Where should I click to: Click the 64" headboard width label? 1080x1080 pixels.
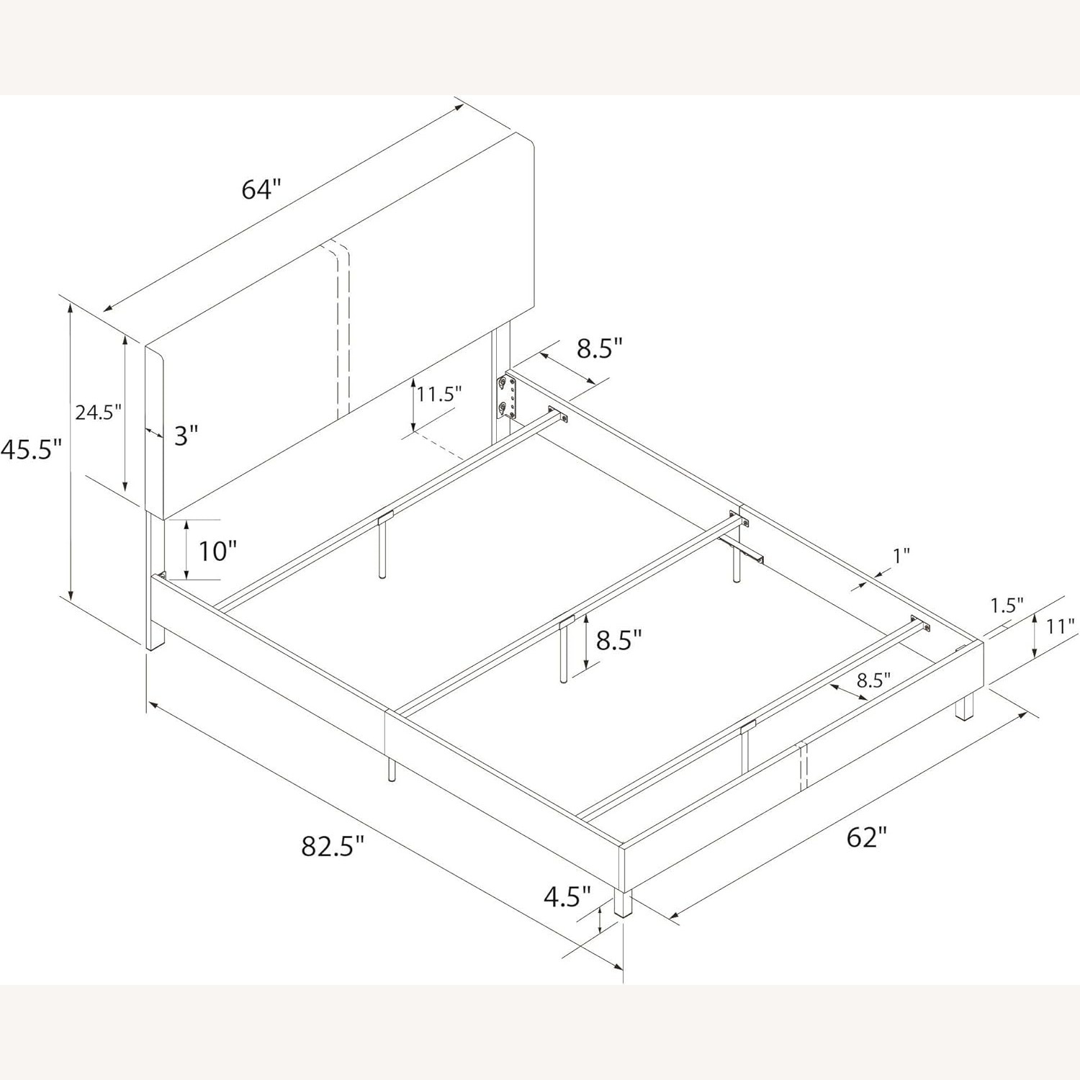[x=260, y=190]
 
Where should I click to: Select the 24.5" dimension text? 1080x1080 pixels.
[x=99, y=413]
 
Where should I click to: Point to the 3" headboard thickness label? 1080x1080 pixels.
[x=185, y=434]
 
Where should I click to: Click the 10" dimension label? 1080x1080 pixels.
[x=217, y=551]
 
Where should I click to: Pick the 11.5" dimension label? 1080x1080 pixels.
[x=438, y=394]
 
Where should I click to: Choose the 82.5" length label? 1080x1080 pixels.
[x=333, y=846]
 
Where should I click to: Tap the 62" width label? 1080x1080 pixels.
[x=866, y=837]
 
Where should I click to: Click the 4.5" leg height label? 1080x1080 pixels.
[x=567, y=897]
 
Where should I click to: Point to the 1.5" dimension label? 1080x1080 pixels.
[x=1006, y=606]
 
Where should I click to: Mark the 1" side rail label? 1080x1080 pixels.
[x=901, y=555]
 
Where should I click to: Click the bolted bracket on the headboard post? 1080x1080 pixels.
[x=506, y=397]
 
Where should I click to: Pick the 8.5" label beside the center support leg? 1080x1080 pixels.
[x=618, y=639]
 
